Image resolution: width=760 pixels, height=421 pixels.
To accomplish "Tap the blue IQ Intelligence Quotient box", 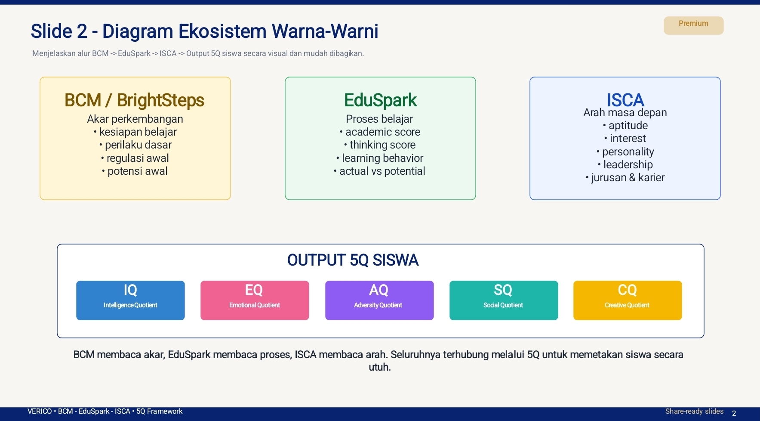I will [x=130, y=300].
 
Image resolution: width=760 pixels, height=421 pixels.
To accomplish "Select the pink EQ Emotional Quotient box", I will [x=255, y=300].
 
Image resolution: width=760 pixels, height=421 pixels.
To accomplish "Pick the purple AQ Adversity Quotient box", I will [x=379, y=300].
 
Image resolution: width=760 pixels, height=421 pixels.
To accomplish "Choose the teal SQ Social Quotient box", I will [x=503, y=300].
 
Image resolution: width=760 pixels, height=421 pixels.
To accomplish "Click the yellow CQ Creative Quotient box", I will [x=627, y=300].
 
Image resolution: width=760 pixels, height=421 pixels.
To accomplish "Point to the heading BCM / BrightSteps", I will [x=134, y=100].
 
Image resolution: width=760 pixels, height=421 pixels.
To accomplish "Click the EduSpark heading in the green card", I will [x=380, y=100].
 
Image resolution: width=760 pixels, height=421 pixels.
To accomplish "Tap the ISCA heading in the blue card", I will [x=625, y=100].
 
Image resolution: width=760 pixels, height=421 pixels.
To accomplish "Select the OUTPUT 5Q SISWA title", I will [x=353, y=260].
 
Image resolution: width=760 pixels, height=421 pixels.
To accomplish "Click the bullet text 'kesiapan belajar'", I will [x=138, y=132].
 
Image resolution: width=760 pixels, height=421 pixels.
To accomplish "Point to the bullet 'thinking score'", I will [x=382, y=145].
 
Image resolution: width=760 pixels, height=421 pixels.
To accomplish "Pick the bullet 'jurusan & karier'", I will [x=628, y=177].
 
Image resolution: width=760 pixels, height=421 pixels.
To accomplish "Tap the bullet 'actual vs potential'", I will [x=382, y=171].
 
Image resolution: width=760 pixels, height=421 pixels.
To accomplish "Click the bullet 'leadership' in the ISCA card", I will [x=628, y=164].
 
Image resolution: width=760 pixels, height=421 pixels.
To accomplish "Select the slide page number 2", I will [x=734, y=413].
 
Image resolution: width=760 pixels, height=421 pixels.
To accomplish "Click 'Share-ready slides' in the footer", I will [x=694, y=412].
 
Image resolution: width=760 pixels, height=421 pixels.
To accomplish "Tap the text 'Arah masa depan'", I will [x=625, y=112].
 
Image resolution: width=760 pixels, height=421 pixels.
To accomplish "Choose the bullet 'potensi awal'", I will [x=137, y=171].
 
